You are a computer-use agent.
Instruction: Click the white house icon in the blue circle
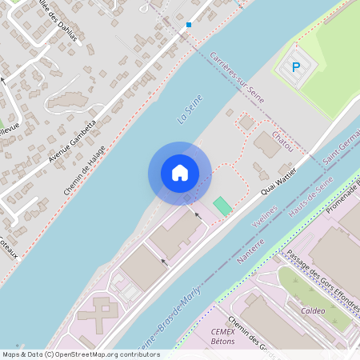pyautogui.click(x=180, y=173)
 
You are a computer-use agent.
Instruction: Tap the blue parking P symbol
pyautogui.click(x=295, y=68)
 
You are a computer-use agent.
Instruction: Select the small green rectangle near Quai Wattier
pyautogui.click(x=222, y=206)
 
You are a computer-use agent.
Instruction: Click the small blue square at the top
pyautogui.click(x=189, y=25)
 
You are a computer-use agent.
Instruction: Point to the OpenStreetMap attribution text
pyautogui.click(x=80, y=354)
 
